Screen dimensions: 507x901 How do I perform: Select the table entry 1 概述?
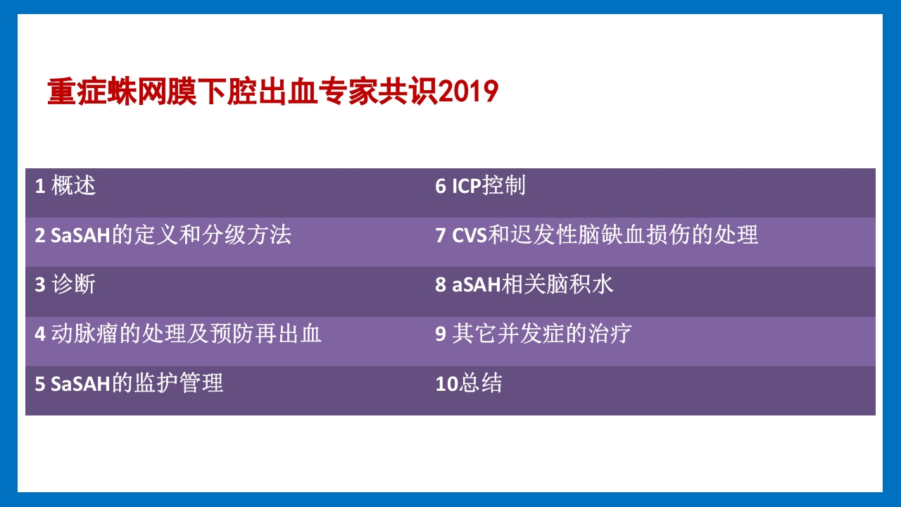65,186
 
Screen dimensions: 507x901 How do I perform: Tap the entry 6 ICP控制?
480,186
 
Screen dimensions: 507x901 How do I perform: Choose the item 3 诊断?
65,284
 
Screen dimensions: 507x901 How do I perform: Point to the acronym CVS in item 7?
470,235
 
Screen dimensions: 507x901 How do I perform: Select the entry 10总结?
469,384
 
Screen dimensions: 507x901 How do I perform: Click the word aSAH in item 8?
477,284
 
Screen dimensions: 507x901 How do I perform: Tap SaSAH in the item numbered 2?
81,235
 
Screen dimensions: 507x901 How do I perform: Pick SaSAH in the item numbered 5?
81,384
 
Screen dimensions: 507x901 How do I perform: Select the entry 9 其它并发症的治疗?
533,334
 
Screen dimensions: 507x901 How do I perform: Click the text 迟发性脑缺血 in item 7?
578,235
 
